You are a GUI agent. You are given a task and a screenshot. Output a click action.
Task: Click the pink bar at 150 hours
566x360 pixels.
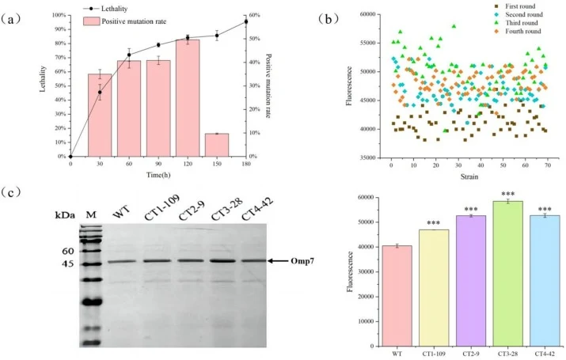(217, 145)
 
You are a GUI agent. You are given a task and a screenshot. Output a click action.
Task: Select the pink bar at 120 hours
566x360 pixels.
(188, 98)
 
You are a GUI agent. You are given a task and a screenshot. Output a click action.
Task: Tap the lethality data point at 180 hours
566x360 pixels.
(246, 21)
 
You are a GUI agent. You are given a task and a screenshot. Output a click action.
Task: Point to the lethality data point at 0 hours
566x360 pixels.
(70, 157)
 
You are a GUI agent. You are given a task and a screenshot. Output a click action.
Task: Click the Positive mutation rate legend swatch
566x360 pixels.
(91, 21)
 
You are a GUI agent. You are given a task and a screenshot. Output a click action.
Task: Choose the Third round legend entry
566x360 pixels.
(517, 23)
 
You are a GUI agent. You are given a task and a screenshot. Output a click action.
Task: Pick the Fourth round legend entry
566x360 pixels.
(519, 32)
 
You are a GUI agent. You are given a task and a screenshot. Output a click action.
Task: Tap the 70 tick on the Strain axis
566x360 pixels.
(548, 165)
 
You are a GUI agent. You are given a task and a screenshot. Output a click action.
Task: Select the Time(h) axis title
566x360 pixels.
(158, 175)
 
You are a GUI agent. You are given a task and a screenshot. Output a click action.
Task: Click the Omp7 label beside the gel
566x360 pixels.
(302, 261)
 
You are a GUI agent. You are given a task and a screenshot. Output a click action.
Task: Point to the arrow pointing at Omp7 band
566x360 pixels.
(278, 261)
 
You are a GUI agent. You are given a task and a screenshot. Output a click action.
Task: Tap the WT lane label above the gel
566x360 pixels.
(122, 211)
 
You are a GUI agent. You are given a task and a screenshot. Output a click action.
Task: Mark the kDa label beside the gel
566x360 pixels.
(65, 215)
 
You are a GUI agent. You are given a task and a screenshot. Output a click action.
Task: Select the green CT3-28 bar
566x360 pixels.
(507, 274)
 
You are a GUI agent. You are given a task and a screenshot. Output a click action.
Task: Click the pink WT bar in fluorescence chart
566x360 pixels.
(397, 296)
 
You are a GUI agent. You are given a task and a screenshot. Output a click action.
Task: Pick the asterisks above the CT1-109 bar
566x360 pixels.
(434, 224)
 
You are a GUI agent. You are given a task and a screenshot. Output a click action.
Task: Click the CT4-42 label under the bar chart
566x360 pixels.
(545, 354)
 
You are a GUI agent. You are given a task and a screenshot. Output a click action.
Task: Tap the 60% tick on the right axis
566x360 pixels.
(254, 15)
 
